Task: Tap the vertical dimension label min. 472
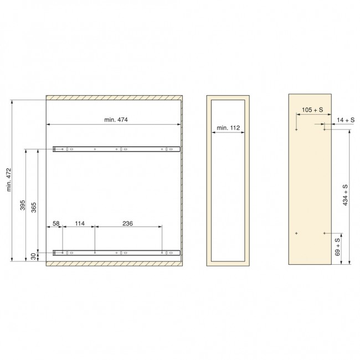click(10, 180)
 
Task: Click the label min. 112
click(228, 128)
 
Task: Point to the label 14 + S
click(346, 120)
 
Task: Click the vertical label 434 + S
click(346, 195)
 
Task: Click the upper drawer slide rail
click(116, 149)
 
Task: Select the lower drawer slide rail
click(116, 253)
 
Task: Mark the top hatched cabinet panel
click(114, 97)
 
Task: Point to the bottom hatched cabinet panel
click(114, 263)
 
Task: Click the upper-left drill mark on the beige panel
click(297, 130)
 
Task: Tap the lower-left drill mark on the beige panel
click(297, 233)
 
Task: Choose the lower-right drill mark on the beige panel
click(325, 233)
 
